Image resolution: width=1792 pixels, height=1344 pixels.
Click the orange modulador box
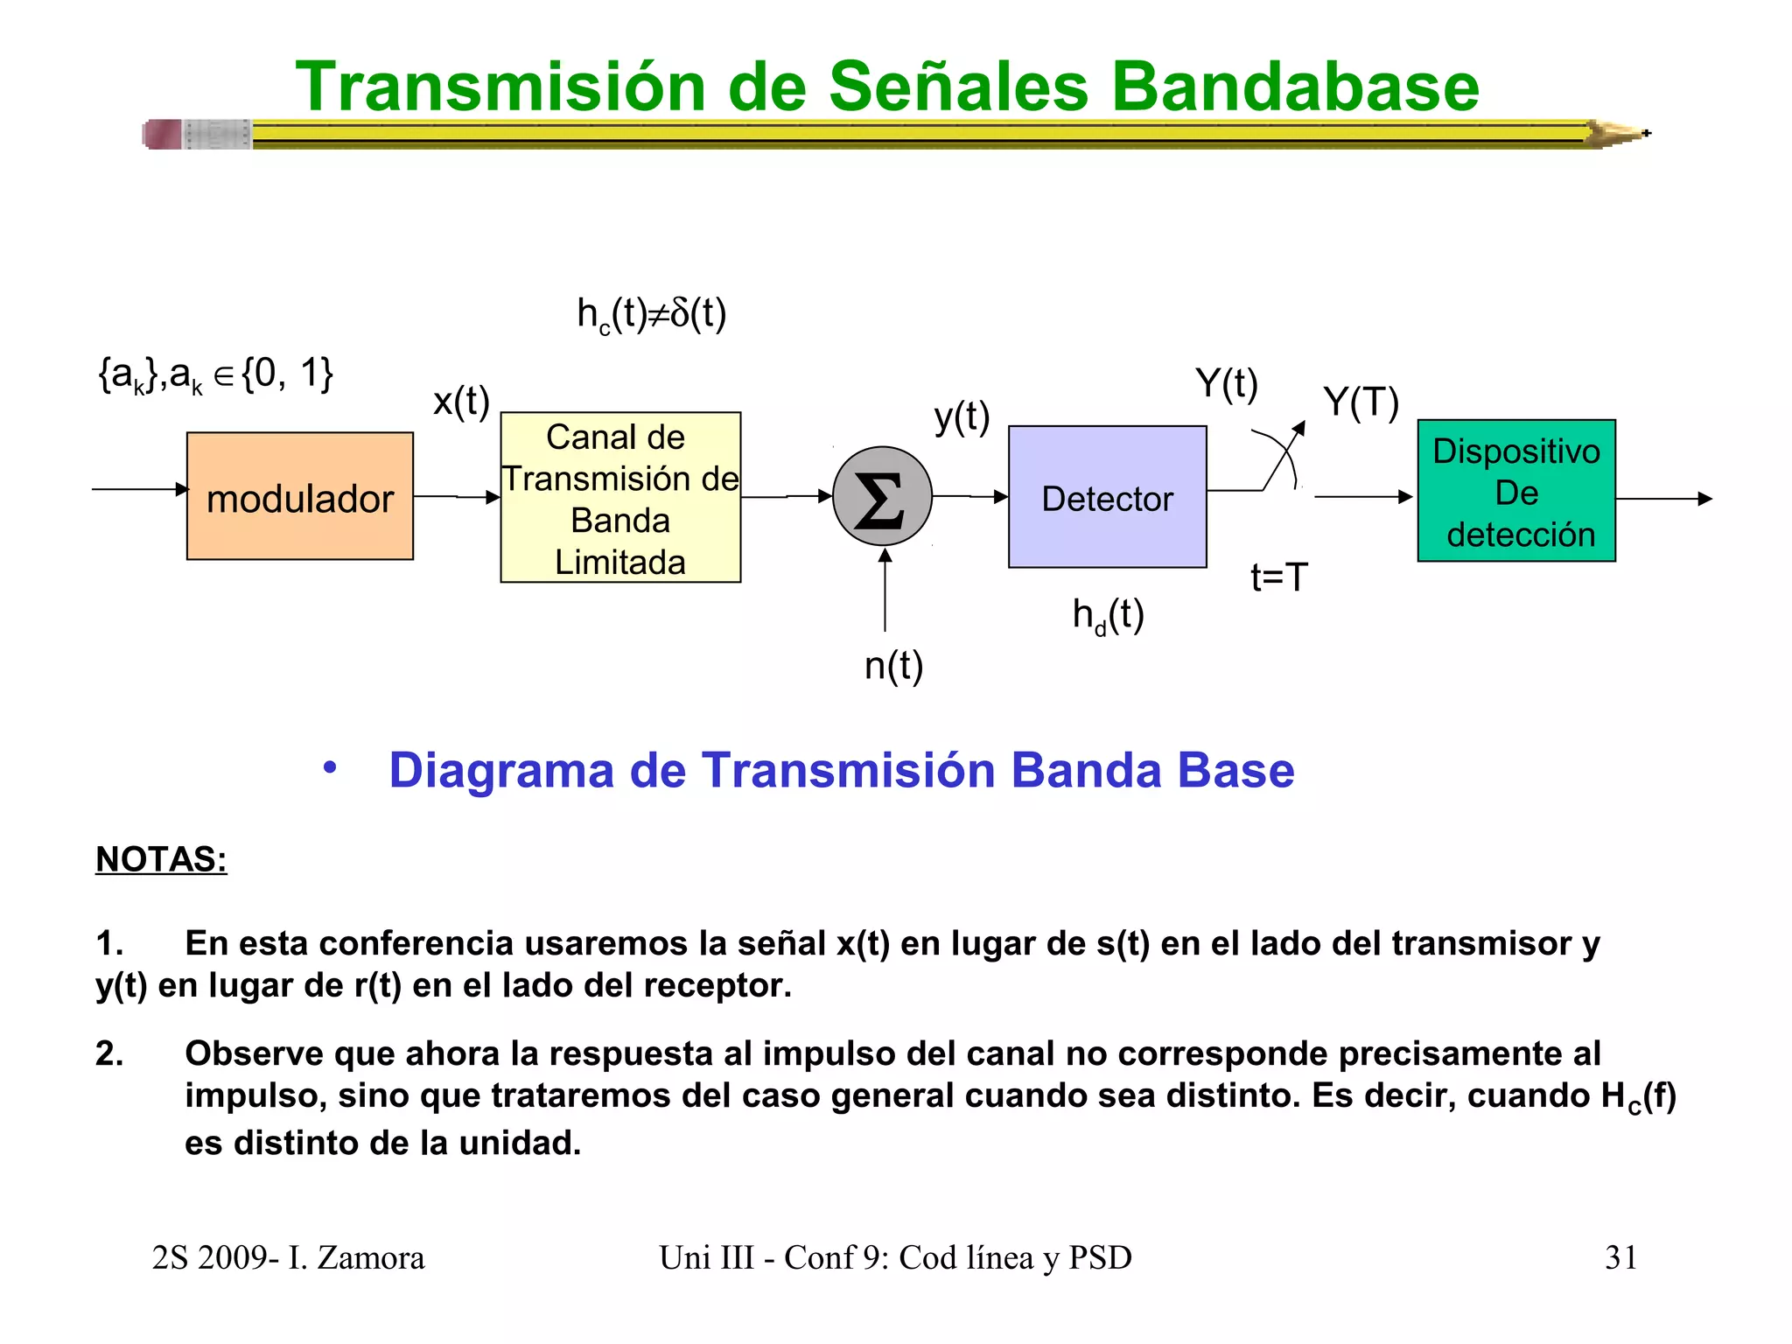click(299, 496)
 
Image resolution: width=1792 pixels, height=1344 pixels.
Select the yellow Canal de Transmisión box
click(620, 497)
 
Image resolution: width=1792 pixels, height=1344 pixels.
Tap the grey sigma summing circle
click(882, 497)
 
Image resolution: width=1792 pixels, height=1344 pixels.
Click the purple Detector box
click(1107, 497)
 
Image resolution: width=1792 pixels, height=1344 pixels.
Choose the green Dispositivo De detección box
click(1515, 491)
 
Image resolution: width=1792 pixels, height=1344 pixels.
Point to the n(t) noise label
click(893, 666)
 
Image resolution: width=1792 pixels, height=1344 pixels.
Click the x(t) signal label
click(461, 402)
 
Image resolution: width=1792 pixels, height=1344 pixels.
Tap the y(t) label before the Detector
click(961, 417)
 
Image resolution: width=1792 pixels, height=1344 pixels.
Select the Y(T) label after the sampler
click(1361, 402)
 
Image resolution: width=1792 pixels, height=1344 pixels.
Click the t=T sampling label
click(1278, 577)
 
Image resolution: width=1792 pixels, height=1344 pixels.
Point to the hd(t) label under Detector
click(1108, 615)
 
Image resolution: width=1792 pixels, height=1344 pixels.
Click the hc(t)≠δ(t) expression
click(651, 314)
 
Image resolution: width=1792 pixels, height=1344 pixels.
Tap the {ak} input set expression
click(215, 374)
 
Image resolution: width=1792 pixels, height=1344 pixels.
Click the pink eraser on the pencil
click(163, 134)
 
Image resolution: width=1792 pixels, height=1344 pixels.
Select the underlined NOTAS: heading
click(161, 859)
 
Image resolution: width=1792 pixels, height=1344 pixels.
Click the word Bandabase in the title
click(1294, 87)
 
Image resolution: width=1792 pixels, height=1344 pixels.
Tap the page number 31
click(1620, 1257)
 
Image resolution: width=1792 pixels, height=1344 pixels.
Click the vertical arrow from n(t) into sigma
click(885, 591)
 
